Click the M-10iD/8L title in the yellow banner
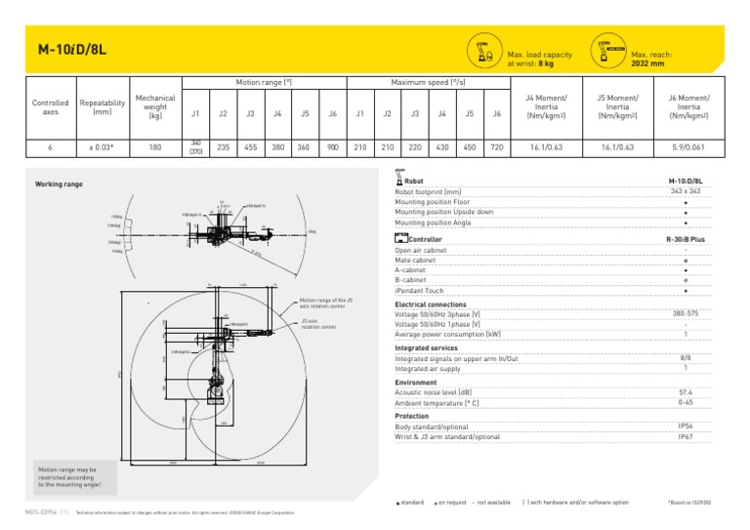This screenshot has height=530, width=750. coord(67,49)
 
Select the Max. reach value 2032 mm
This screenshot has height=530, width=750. coord(648,63)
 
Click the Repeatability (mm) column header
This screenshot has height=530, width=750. coord(103,107)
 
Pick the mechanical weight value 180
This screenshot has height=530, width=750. coord(155,147)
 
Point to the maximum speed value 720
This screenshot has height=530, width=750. coord(497,147)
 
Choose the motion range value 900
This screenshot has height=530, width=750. coord(333,147)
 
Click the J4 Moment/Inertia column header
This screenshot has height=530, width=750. coord(546,106)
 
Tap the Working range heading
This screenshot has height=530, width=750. coord(59,183)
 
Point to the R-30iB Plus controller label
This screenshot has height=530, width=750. coord(686,239)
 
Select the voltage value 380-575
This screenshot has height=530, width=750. coord(686,313)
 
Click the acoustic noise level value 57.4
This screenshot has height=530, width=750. coord(686,392)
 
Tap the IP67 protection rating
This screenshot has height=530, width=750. coord(686,436)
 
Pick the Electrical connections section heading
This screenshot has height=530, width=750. coord(431,304)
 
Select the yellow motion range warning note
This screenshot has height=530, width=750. coord(67,478)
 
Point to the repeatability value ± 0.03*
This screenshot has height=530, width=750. coord(103,147)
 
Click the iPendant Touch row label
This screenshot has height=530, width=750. coord(419,291)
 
